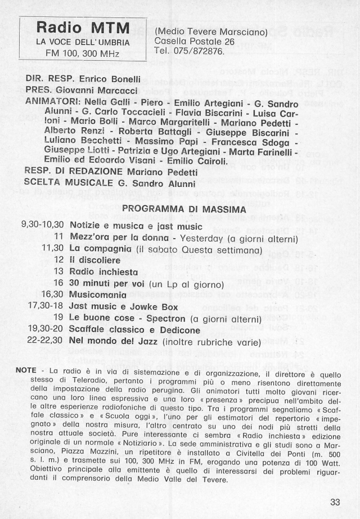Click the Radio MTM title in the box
[83, 28]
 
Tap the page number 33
[335, 503]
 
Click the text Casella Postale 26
[194, 42]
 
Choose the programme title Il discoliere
[94, 260]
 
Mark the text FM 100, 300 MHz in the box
[83, 53]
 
